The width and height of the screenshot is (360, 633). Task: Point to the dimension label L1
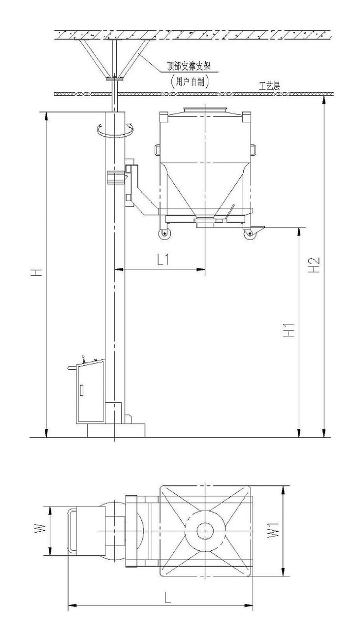click(x=164, y=260)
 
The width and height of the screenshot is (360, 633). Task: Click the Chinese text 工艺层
click(x=269, y=87)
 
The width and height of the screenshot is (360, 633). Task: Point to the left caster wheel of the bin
click(x=164, y=234)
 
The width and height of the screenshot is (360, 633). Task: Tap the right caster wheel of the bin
click(x=251, y=234)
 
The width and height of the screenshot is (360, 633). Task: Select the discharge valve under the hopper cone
click(x=206, y=221)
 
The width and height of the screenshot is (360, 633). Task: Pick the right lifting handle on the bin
click(x=254, y=150)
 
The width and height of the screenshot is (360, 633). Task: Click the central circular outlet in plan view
click(x=205, y=530)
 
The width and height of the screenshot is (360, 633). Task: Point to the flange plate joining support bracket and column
click(x=115, y=79)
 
